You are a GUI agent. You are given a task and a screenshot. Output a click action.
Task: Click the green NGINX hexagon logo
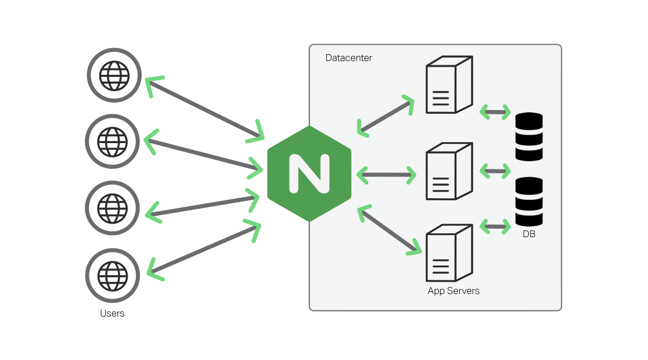click(x=309, y=173)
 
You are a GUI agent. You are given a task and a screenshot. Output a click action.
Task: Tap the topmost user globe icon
click(x=114, y=75)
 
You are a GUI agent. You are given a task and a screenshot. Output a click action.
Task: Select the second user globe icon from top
click(x=113, y=142)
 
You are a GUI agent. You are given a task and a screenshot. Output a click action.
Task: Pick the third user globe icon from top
click(x=113, y=208)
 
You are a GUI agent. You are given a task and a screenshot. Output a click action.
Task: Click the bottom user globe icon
click(x=113, y=276)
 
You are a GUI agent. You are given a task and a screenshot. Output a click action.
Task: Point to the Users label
click(x=112, y=313)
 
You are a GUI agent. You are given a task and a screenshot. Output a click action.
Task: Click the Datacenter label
click(x=348, y=58)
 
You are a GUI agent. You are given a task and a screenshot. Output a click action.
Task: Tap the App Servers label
click(x=453, y=291)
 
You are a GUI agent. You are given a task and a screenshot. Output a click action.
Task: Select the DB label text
click(x=529, y=235)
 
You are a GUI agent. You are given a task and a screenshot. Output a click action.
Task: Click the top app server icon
click(x=449, y=85)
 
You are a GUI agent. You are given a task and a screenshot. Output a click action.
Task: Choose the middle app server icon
click(x=449, y=171)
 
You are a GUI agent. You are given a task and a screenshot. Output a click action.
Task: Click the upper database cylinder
click(x=529, y=137)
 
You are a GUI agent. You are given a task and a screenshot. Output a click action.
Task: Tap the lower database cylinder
click(x=529, y=202)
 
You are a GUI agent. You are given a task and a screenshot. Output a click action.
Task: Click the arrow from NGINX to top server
click(x=385, y=116)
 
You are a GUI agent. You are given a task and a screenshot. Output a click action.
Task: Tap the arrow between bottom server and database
click(x=495, y=226)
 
